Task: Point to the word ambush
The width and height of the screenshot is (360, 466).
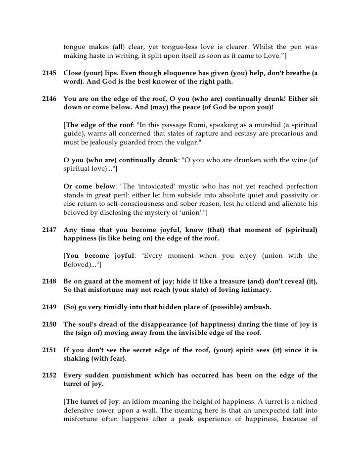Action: click(x=255, y=307)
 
